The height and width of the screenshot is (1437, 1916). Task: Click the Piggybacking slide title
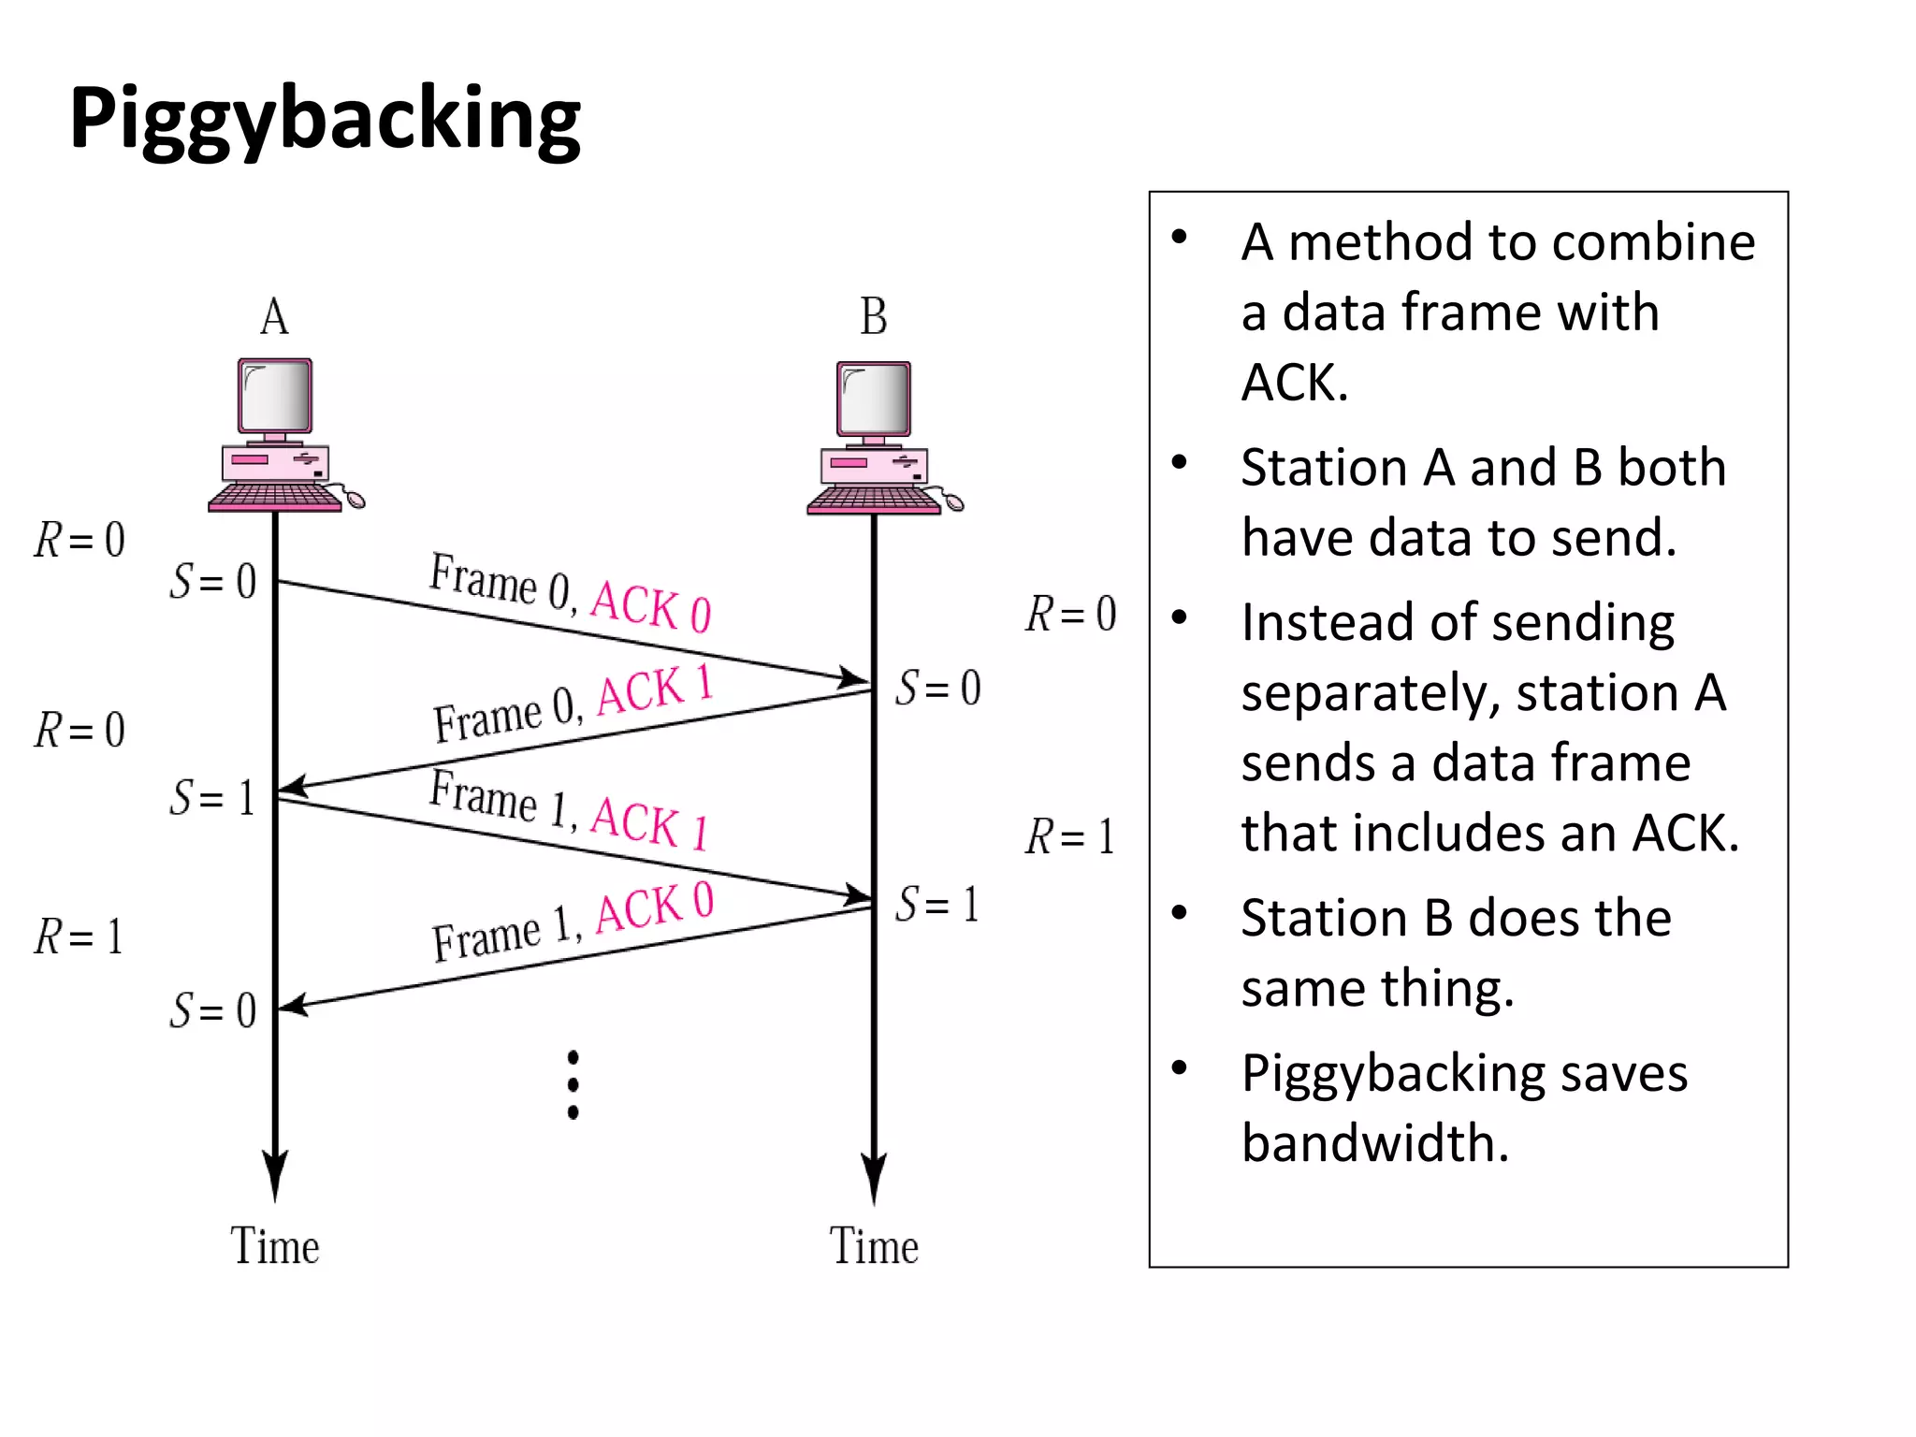[325, 119]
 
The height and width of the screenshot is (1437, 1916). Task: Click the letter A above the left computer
[274, 316]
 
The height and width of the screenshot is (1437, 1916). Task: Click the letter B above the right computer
[873, 316]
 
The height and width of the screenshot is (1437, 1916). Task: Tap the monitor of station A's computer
[275, 395]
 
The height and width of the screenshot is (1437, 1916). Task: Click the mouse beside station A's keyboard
[355, 499]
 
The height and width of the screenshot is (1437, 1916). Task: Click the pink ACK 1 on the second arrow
[655, 689]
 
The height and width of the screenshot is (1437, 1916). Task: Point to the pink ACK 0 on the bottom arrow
[655, 906]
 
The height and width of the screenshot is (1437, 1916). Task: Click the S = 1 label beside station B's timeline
[936, 905]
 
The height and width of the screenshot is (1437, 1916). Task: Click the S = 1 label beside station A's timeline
[212, 798]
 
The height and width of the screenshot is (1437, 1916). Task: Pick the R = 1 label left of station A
[79, 936]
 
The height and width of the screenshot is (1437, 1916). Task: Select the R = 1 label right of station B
[1069, 836]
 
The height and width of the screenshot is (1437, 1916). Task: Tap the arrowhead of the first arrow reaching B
[853, 677]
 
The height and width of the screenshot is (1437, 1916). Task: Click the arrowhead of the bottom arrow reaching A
[294, 1006]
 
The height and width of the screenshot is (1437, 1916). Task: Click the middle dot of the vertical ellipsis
[573, 1084]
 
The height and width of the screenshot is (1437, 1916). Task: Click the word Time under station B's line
[874, 1246]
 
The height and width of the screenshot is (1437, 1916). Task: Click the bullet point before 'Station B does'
[1179, 912]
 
